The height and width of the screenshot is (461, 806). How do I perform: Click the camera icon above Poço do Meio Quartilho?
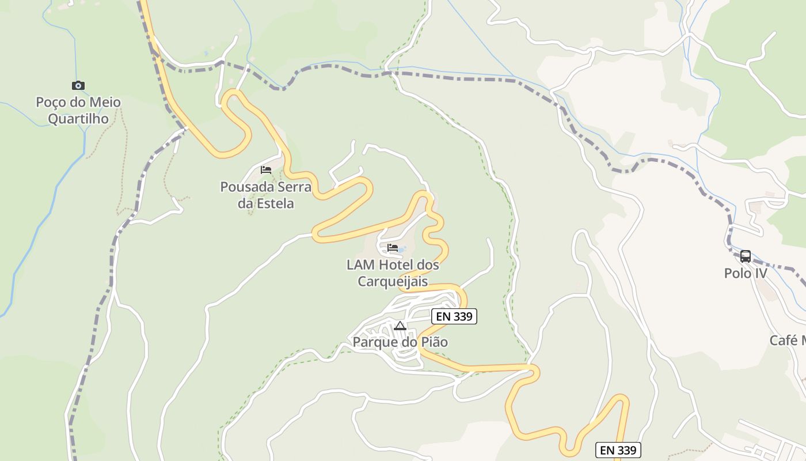78,86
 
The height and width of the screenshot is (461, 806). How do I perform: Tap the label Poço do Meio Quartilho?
78,111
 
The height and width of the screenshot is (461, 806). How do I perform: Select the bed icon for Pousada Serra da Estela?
265,170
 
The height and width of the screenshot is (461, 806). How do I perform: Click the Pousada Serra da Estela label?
266,195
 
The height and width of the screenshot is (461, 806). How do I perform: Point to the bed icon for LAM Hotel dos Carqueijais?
393,248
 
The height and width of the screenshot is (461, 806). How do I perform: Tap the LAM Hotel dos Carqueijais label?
393,273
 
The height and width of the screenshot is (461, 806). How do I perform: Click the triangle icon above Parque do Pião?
400,326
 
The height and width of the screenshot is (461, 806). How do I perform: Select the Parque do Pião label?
400,342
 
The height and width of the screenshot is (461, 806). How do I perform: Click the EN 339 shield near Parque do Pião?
454,316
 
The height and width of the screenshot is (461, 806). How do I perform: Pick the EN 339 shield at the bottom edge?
618,450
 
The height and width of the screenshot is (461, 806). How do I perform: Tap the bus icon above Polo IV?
746,256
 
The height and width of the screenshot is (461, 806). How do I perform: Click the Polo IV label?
746,273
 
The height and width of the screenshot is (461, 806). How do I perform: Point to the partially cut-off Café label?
788,340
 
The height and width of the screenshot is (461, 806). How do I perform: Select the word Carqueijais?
393,281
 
